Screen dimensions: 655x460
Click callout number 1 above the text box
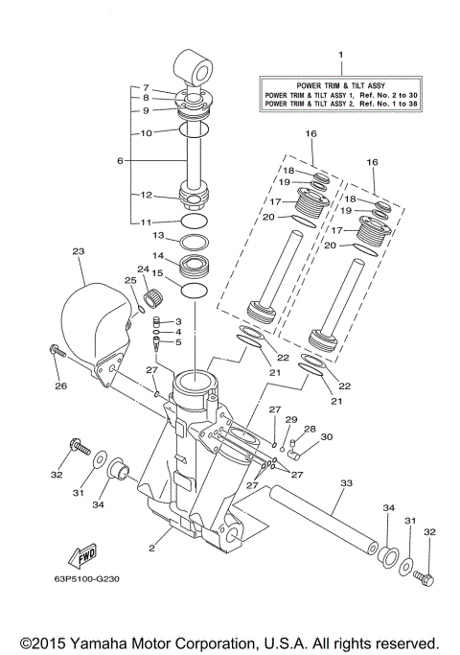point(338,57)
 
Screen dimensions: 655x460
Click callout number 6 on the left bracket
point(120,161)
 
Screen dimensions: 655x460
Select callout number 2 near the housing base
point(150,549)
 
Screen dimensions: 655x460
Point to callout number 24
point(143,269)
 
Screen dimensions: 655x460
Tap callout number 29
point(292,419)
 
